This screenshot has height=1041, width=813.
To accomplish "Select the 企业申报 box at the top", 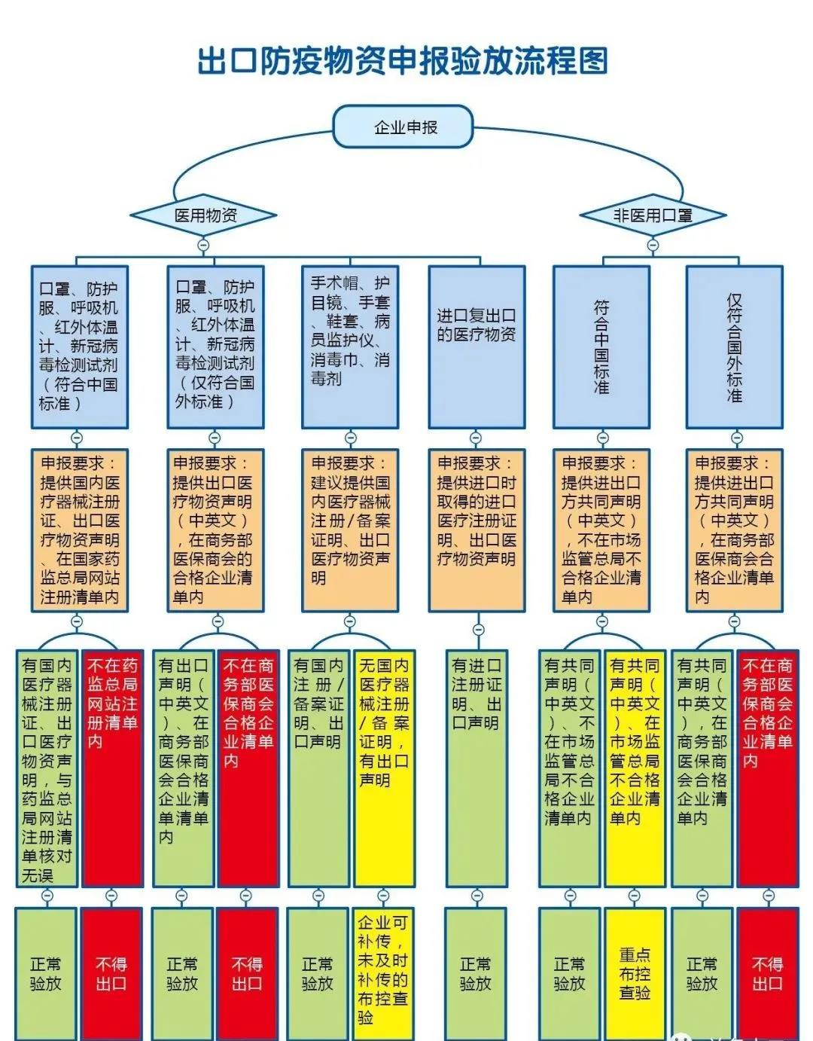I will click(404, 127).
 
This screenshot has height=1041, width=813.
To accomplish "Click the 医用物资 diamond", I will click(203, 215).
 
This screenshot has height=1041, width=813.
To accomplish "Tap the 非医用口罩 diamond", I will click(653, 215).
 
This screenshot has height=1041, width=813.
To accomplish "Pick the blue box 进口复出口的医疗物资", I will click(477, 346).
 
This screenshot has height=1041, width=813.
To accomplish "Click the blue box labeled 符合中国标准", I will click(601, 346).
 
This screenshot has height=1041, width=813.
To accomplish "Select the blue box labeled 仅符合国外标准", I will click(734, 346).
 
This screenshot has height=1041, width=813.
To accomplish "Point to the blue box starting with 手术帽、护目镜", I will click(350, 346).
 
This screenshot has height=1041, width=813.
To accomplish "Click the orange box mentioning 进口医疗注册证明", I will click(477, 530).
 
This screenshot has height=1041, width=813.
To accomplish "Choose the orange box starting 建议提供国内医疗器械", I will click(350, 530).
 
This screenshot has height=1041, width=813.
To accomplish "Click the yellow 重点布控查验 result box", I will click(635, 973).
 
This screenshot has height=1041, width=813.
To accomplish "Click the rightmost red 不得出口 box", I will click(767, 973).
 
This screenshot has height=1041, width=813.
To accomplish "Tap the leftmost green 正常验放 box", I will click(45, 973).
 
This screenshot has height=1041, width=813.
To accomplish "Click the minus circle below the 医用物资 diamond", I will click(202, 246).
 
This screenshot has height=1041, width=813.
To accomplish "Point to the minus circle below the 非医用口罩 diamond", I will click(653, 246).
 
